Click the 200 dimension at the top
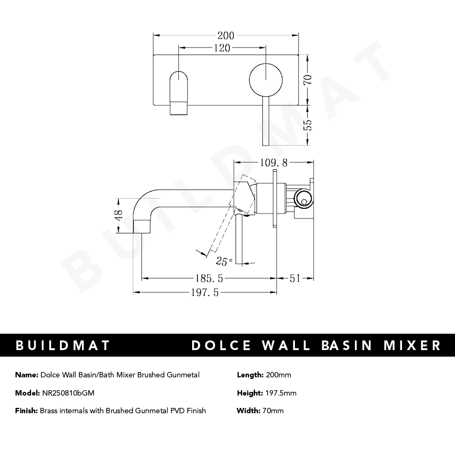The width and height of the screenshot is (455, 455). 226,36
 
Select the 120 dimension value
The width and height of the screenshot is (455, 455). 222,48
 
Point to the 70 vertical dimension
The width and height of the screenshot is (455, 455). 307,80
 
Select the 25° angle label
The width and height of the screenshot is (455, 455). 224,261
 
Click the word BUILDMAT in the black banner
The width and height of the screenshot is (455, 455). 63,345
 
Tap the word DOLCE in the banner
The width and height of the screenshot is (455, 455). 222,345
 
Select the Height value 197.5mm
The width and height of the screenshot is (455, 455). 280,393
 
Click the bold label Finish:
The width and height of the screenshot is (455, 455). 26,411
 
